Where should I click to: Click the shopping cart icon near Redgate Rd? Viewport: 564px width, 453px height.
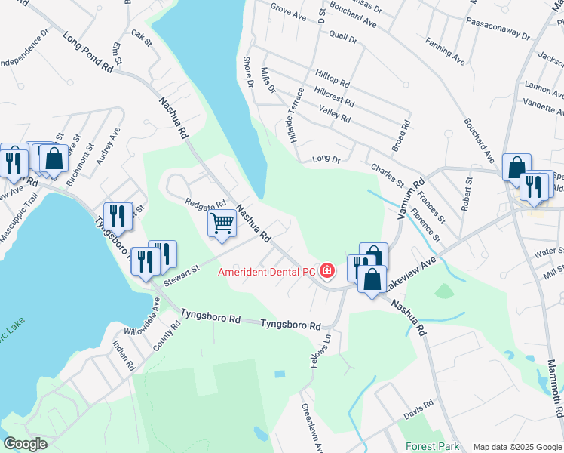click(222, 223)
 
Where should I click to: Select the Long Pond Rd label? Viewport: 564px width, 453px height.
click(87, 52)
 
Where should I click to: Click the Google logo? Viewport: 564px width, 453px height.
click(25, 444)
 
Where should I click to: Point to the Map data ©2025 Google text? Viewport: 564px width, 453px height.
click(516, 447)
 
